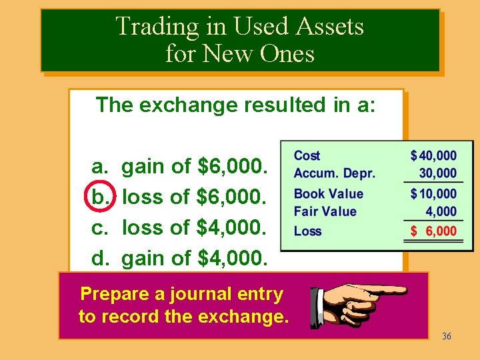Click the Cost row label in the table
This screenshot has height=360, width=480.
click(x=307, y=155)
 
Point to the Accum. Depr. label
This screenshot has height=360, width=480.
click(x=334, y=173)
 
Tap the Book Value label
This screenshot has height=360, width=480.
click(x=328, y=194)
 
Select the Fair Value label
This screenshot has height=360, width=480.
click(x=325, y=211)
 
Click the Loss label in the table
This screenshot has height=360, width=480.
click(x=307, y=231)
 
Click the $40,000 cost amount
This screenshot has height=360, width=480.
click(x=434, y=156)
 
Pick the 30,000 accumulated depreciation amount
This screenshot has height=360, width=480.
click(x=437, y=173)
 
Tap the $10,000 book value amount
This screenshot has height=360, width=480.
click(x=434, y=194)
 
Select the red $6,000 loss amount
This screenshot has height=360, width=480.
click(x=434, y=231)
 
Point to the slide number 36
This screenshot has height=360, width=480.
click(x=446, y=336)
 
